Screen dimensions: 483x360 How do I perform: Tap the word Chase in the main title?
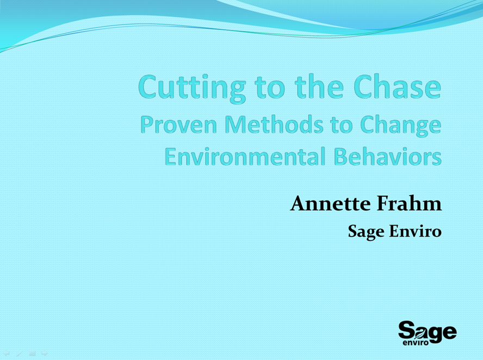point(398,86)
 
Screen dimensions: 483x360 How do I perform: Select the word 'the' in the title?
point(319,86)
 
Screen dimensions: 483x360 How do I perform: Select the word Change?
point(401,126)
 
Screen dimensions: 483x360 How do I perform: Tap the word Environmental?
point(245,156)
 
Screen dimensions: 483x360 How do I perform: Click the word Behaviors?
point(388,156)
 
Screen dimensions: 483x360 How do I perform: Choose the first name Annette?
point(330,203)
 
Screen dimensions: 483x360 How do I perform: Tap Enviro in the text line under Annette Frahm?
point(415,231)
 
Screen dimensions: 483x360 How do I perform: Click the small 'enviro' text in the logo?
point(416,343)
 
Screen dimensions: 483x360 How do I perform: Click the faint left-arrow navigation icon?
point(6,353)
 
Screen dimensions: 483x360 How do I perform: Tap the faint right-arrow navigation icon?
point(45,353)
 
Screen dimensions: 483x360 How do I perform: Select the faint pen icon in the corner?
point(19,353)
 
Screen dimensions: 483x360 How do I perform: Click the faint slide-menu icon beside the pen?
point(32,353)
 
